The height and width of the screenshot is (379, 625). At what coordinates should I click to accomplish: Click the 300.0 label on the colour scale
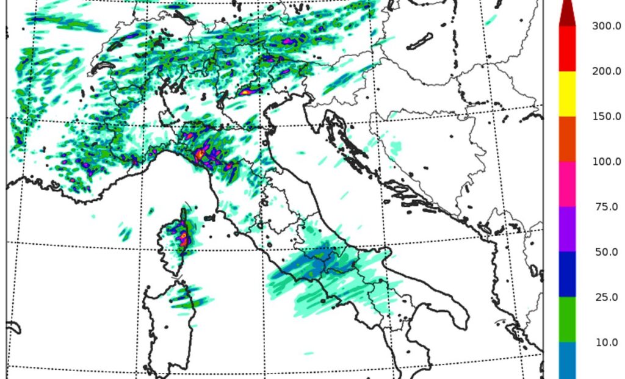(x=606, y=26)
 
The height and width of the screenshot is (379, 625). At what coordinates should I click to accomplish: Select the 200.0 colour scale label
(x=606, y=71)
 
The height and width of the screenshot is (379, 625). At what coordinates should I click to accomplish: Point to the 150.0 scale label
(x=606, y=116)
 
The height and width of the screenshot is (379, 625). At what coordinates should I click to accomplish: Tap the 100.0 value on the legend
(x=606, y=161)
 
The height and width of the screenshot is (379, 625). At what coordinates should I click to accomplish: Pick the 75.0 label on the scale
(x=606, y=206)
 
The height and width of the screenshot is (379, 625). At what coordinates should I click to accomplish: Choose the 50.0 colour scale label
(x=606, y=251)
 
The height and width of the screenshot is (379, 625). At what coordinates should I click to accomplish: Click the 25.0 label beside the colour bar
(x=606, y=297)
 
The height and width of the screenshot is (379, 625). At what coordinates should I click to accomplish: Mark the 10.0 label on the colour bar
(x=606, y=342)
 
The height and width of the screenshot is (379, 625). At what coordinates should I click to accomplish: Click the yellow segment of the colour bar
(x=568, y=93)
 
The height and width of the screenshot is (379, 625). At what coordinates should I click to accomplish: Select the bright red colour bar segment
(x=568, y=49)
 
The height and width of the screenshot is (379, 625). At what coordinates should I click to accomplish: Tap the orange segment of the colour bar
(x=568, y=139)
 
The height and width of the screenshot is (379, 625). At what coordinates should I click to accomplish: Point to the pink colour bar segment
(x=568, y=184)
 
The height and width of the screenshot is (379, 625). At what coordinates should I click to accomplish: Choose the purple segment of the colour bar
(x=568, y=229)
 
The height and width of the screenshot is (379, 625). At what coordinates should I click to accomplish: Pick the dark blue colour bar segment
(x=568, y=274)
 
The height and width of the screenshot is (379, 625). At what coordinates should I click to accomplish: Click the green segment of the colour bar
(x=568, y=319)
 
